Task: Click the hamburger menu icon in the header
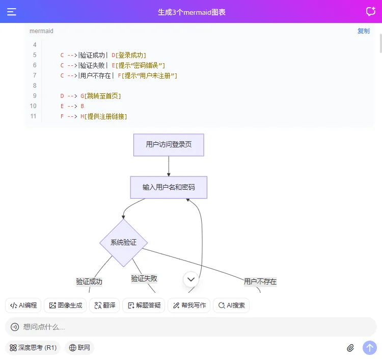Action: (12, 12)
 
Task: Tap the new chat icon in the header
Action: (370, 12)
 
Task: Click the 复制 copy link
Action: (363, 31)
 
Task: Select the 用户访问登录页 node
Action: (169, 145)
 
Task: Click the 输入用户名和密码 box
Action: (169, 187)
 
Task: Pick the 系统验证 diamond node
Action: (123, 243)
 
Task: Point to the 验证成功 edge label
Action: (89, 281)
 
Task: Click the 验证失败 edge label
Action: (144, 278)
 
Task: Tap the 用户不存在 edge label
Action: (260, 281)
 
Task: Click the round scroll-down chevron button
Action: (191, 279)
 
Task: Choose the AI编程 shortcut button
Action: (23, 305)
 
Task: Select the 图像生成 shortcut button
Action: (65, 305)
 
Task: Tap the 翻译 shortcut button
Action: (104, 305)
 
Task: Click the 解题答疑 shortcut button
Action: (144, 305)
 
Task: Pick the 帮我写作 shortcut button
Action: (189, 305)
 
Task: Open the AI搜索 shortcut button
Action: (231, 305)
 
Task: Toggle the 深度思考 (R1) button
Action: (33, 348)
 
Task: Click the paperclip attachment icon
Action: (350, 348)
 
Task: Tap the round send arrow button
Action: (370, 348)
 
